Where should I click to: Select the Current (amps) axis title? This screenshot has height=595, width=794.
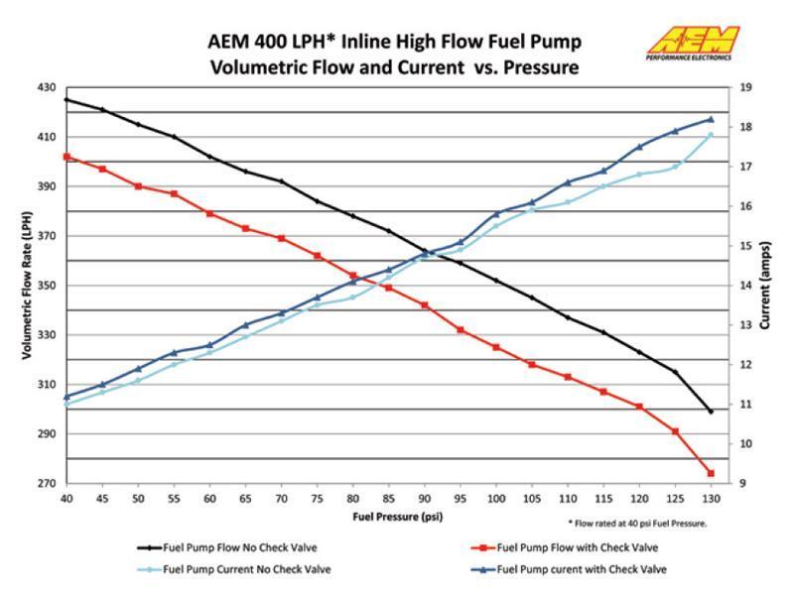[x=766, y=284]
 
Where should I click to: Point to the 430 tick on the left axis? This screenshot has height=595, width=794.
[x=46, y=87]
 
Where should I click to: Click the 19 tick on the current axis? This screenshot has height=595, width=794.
[x=746, y=87]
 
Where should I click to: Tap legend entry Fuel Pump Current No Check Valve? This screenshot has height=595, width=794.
[x=244, y=569]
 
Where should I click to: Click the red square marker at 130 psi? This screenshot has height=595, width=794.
[x=711, y=473]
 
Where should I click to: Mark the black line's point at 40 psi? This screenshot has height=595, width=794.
[x=66, y=99]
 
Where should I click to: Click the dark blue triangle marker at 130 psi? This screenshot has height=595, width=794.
[x=711, y=119]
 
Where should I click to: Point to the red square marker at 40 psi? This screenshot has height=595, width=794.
[x=66, y=157]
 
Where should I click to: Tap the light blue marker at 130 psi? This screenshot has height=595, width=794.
[x=711, y=135]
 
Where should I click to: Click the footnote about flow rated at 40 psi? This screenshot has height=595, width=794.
[x=636, y=523]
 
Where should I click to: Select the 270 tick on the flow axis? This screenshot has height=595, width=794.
[x=46, y=484]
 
